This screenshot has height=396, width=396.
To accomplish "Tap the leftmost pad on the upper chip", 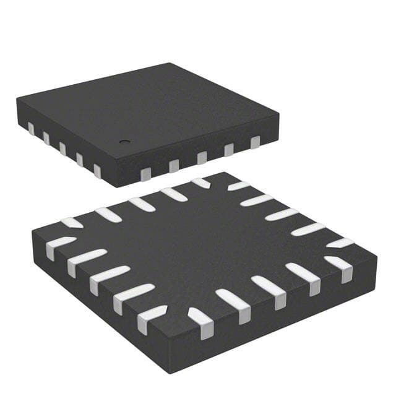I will coord(30,129).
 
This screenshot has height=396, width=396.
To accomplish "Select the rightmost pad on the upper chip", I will coord(255,143).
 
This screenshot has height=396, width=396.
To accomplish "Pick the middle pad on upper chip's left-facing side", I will coord(62,149).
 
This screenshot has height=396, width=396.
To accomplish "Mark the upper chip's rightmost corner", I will coord(278,114).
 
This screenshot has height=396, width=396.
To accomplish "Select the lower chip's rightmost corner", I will coord(376,252).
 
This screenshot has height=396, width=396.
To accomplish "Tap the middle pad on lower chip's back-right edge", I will coord(282,215).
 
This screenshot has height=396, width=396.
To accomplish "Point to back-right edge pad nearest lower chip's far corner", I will coord(239,185).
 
